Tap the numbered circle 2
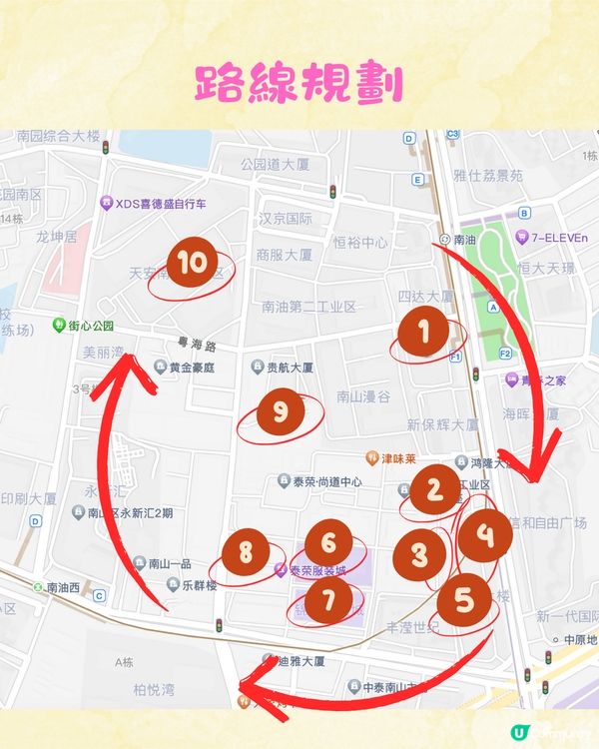[x=434, y=490]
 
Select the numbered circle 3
[x=420, y=553]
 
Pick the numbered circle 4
[x=484, y=535]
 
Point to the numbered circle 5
[x=464, y=600]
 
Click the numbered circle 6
[x=327, y=544]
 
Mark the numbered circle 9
[x=280, y=410]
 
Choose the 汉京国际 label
[x=287, y=218]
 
